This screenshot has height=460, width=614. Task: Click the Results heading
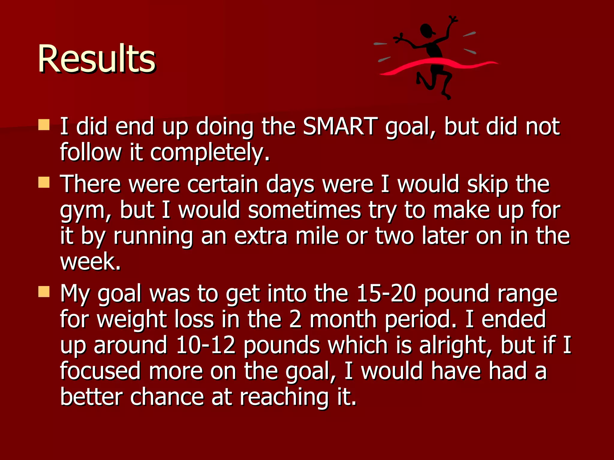coord(96,59)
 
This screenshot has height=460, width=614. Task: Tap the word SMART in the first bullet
coord(340,126)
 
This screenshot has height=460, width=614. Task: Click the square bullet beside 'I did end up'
coord(44,125)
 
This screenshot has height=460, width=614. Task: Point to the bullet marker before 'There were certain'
coord(44,182)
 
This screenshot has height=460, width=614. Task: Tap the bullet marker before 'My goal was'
coord(44,291)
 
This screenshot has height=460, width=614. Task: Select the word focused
coord(100,371)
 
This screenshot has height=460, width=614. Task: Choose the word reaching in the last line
coord(284,397)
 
